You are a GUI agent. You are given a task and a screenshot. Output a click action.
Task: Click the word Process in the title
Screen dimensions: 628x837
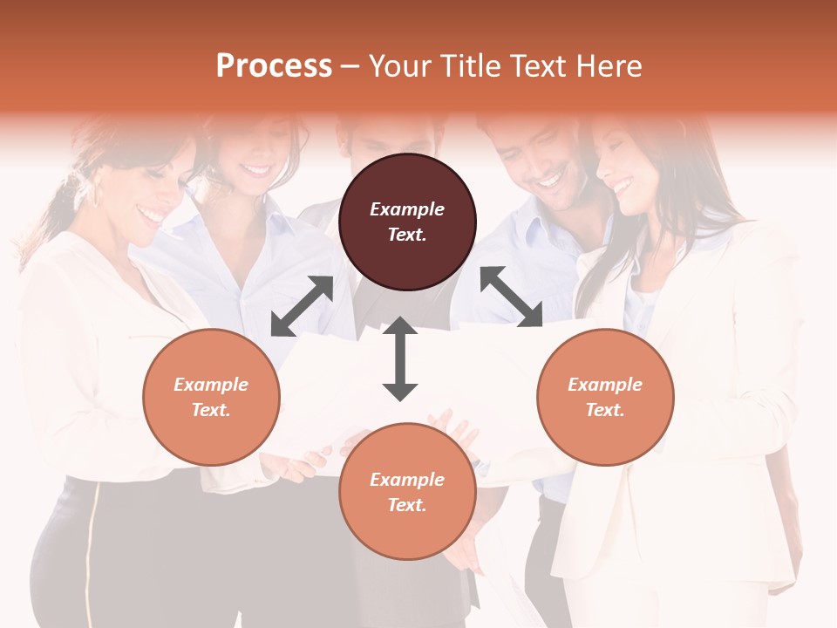274,66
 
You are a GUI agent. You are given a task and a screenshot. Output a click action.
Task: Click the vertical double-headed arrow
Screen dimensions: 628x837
400,358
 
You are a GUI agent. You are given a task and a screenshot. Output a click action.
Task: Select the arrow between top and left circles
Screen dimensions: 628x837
303,306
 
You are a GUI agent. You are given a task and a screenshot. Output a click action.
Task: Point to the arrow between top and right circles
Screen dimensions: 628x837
511,297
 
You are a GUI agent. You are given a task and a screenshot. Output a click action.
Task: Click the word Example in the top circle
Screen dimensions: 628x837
407,209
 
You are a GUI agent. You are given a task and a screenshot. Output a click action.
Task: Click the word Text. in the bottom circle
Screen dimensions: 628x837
407,505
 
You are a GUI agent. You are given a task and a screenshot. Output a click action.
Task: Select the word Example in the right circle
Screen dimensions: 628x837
605,385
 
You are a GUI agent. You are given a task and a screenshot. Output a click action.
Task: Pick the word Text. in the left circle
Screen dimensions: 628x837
211,410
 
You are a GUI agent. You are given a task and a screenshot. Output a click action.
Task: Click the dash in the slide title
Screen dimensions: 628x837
350,66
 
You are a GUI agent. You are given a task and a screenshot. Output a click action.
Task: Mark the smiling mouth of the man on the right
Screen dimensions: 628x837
551,181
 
